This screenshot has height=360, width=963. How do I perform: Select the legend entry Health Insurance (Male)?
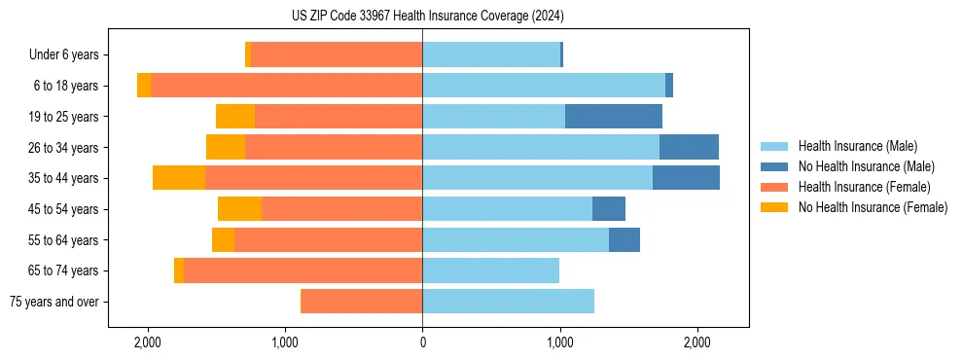857,146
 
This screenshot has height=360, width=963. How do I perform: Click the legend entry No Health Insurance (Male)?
866,166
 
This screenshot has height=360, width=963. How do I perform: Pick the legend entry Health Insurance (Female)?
864,187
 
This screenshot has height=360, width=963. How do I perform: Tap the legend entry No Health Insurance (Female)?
873,207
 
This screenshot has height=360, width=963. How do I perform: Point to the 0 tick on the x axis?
422,342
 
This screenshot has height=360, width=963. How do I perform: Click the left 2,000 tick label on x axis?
148,342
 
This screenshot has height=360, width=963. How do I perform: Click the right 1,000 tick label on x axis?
559,342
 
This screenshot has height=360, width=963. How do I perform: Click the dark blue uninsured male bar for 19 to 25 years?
613,117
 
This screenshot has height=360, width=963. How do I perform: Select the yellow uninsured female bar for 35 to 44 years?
179,178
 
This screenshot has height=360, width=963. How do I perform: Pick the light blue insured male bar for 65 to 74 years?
490,270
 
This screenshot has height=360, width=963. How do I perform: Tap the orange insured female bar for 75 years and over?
362,302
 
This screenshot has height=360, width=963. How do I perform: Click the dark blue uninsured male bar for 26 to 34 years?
689,147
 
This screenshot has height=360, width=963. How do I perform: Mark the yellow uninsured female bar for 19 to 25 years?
235,117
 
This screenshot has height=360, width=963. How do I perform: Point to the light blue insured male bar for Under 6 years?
491,54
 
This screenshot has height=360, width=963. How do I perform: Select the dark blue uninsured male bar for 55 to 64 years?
624,239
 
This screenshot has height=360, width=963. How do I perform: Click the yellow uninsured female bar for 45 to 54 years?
239,209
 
